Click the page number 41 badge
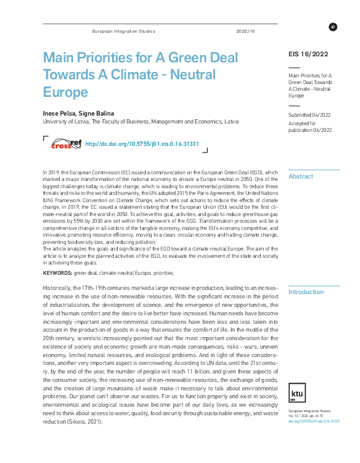(333, 27)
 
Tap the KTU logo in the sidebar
(298, 376)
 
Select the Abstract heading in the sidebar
(301, 177)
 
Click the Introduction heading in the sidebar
(306, 292)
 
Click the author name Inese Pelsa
(58, 113)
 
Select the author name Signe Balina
(97, 113)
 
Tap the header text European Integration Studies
(123, 31)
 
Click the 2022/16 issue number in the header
(246, 31)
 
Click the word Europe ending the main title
(65, 92)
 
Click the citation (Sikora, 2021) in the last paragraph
(87, 421)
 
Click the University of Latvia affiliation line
(140, 122)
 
